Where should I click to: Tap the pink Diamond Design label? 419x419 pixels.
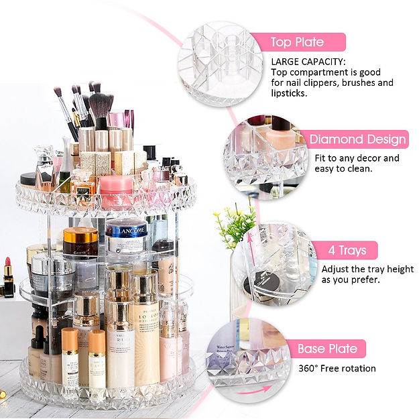pos(357,139)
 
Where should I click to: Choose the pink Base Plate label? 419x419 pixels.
pos(327,349)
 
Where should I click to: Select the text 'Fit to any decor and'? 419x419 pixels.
pos(357,158)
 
